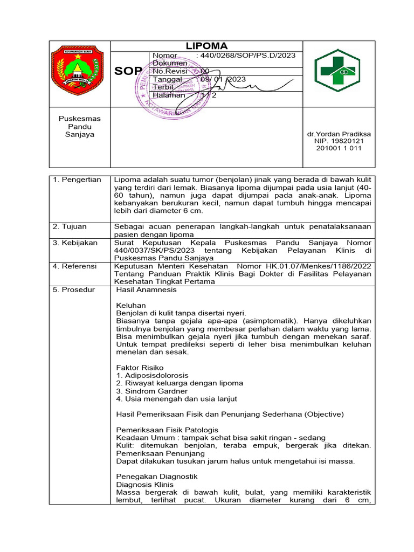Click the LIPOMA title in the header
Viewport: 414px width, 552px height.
point(206,46)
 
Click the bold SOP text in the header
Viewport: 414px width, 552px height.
point(128,72)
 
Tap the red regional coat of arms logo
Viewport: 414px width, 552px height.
point(76,71)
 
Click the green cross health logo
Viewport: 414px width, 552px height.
point(339,71)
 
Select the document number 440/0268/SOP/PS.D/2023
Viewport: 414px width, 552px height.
point(247,56)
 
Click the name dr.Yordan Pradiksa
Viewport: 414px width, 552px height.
point(339,134)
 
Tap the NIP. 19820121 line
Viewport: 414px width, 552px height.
point(339,141)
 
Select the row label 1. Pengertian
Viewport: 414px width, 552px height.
point(77,180)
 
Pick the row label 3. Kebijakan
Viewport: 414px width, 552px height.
point(75,243)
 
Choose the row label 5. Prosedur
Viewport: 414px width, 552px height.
point(74,289)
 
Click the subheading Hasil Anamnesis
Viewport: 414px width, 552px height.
point(146,289)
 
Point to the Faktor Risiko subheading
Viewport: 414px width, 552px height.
point(140,367)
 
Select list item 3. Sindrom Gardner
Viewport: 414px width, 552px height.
point(152,391)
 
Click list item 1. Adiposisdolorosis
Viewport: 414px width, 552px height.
point(153,375)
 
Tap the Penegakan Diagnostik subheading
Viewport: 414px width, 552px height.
point(157,477)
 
